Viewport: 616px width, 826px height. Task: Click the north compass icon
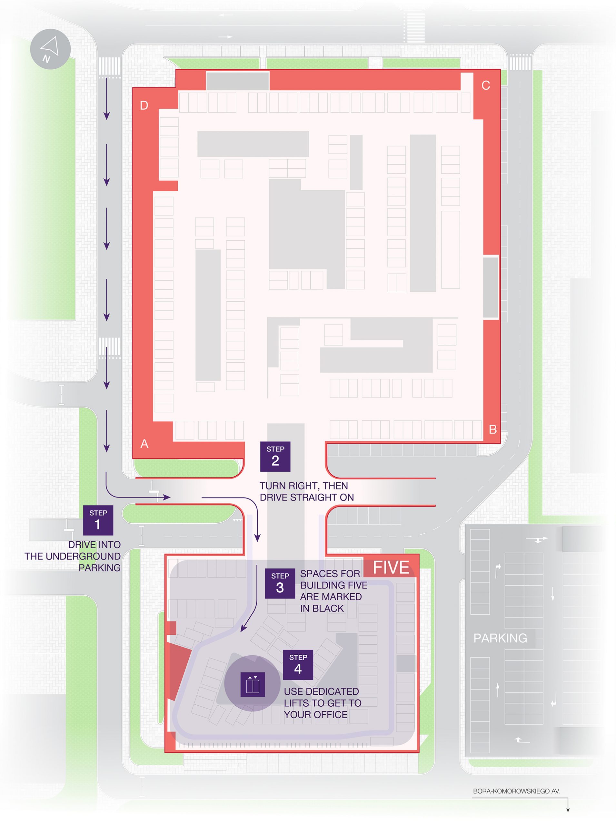[x=50, y=49]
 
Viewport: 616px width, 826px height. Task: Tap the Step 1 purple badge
[x=98, y=520]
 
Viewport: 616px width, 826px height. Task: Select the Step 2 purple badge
[x=275, y=457]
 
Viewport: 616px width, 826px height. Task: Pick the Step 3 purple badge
[x=280, y=583]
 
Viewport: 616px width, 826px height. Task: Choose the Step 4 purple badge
[x=298, y=665]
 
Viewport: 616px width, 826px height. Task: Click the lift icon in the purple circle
[x=253, y=684]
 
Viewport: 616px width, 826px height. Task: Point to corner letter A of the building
[x=144, y=444]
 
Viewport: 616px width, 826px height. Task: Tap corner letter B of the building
[x=492, y=430]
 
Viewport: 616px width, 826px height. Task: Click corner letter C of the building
[x=485, y=86]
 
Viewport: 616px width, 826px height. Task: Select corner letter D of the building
[x=144, y=106]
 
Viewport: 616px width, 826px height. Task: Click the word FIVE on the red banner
[x=391, y=568]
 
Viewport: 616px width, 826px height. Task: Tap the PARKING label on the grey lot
[x=500, y=638]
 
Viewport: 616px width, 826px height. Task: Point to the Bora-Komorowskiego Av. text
[x=516, y=791]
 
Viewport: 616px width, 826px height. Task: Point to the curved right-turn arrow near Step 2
[x=246, y=511]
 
